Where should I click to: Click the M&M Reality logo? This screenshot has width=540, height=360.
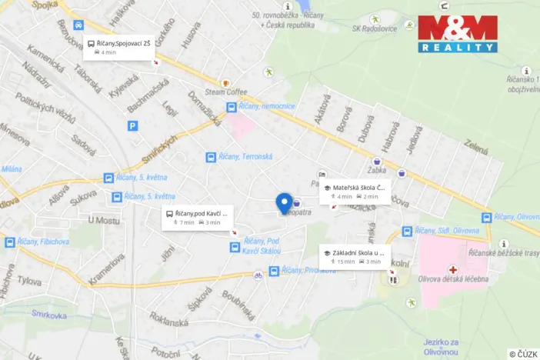pos(457,34)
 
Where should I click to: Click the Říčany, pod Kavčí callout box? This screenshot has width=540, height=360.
pos(197,218)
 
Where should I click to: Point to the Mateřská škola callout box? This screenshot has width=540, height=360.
pos(355,192)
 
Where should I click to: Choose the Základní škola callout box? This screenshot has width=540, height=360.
pos(355,256)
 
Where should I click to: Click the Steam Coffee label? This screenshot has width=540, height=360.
pos(226,92)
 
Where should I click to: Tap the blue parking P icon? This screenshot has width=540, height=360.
pos(133,125)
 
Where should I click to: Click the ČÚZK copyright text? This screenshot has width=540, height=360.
pos(523,354)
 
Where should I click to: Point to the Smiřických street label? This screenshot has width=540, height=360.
pos(159,150)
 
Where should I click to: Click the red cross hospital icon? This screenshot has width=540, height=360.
pos(454,271)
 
